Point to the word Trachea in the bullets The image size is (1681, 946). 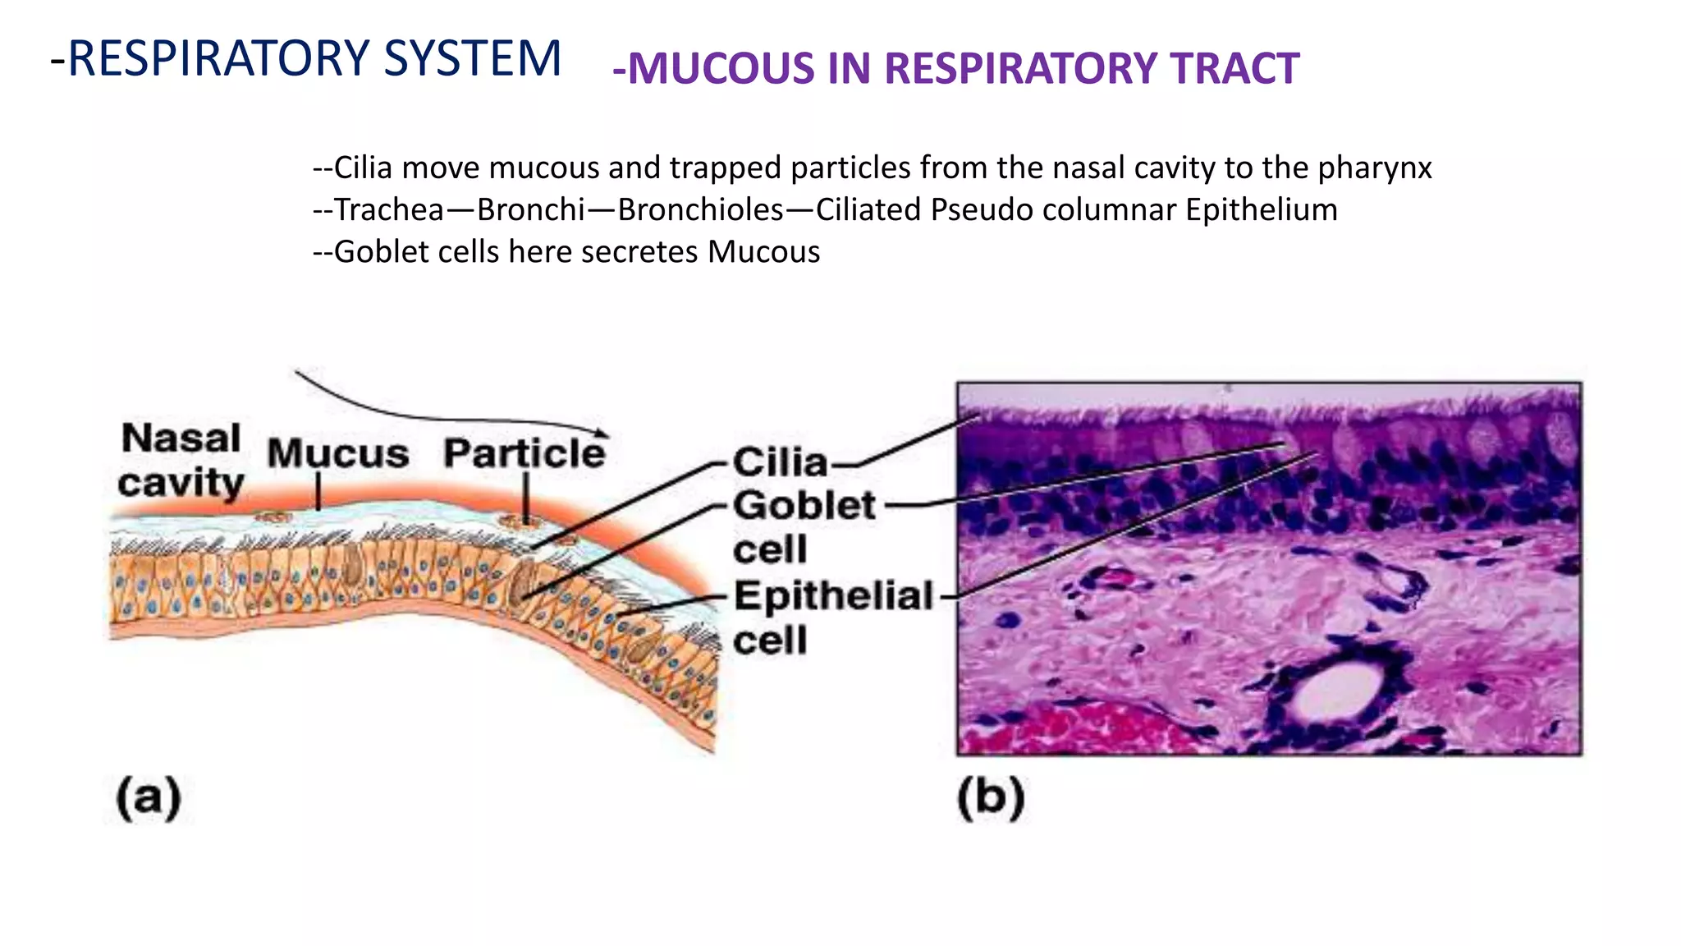388,210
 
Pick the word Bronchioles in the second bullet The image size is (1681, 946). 700,210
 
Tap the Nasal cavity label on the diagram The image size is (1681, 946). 181,461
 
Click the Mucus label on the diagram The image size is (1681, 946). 337,454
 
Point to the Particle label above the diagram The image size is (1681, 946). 524,453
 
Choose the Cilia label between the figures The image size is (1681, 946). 780,462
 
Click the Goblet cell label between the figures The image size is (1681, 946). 804,527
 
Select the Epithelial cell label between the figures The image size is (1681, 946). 832,618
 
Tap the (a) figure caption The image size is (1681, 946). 149,797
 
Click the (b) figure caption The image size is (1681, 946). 991,797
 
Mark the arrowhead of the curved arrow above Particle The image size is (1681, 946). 603,432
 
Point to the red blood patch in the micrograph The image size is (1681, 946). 1067,730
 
